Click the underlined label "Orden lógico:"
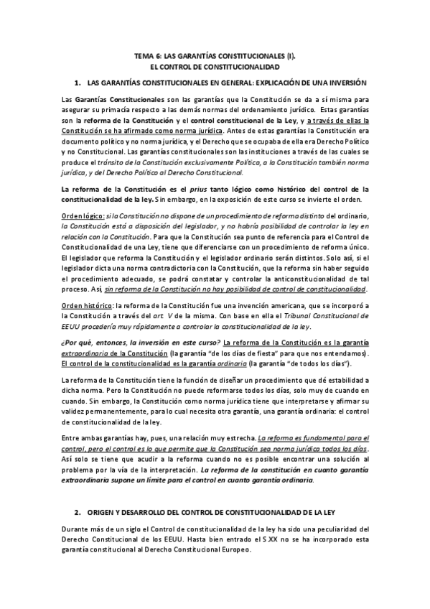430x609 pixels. tap(83, 215)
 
